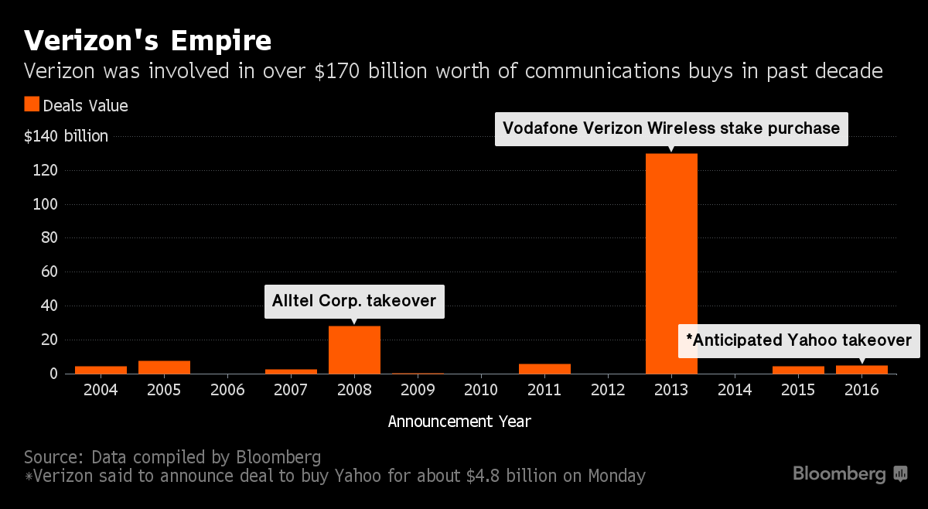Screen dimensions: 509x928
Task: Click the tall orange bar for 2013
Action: (x=671, y=263)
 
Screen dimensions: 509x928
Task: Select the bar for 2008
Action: (x=354, y=350)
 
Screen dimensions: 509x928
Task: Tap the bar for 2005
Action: (x=164, y=367)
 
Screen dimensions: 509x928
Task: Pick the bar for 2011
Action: (x=544, y=369)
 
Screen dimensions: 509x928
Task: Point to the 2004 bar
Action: (x=101, y=370)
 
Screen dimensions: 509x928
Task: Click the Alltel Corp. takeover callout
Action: (x=354, y=301)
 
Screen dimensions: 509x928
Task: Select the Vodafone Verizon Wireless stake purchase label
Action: (x=671, y=128)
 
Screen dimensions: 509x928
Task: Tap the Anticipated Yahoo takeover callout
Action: (x=799, y=340)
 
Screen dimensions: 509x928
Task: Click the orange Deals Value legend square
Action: (x=32, y=104)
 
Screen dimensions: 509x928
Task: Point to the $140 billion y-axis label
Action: (x=67, y=137)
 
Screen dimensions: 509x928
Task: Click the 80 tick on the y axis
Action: (x=49, y=238)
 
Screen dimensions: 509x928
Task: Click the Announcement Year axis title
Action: (x=459, y=422)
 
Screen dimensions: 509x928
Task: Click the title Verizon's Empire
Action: (x=148, y=40)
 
